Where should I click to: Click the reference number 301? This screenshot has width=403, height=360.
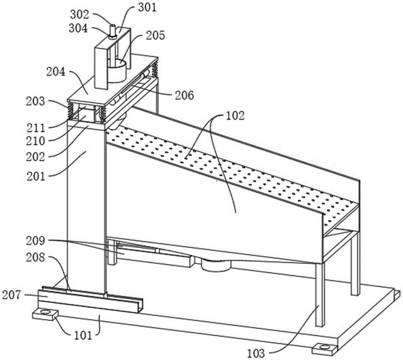(x=147, y=7)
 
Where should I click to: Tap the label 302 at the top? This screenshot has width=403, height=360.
(x=80, y=14)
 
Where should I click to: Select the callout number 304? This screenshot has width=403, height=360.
(x=78, y=28)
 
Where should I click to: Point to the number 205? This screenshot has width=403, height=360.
(x=156, y=35)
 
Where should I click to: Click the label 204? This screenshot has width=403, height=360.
(x=56, y=72)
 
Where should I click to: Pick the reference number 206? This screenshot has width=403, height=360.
(x=184, y=95)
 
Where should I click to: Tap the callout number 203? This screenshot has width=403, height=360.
(x=35, y=101)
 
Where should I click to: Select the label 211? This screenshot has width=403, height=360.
(x=36, y=128)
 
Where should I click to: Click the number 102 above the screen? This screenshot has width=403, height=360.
(x=235, y=116)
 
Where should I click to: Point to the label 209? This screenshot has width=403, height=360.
(x=35, y=241)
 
